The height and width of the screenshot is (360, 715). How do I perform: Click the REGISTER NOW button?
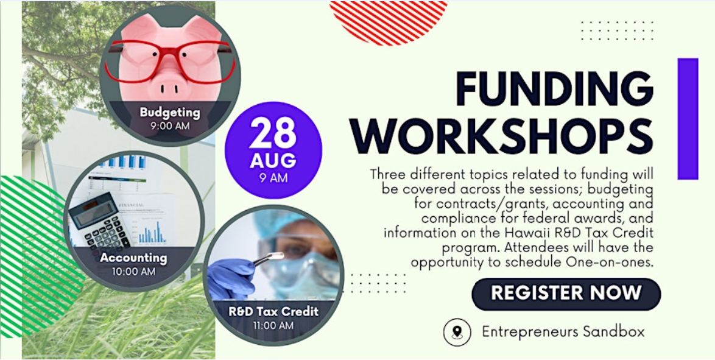[566, 294]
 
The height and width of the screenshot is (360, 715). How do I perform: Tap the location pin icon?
[457, 332]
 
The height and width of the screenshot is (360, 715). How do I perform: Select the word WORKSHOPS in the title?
[502, 135]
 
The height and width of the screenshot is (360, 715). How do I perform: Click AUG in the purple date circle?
[273, 161]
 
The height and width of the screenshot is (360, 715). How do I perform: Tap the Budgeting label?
[170, 112]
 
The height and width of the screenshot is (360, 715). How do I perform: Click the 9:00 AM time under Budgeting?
[170, 125]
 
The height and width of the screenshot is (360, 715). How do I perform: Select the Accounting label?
[133, 258]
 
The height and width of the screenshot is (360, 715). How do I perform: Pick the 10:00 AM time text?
[133, 272]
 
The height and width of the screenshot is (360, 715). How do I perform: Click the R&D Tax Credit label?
[273, 312]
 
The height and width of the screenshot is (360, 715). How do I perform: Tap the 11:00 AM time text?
[273, 326]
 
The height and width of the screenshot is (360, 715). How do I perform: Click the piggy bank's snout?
[170, 85]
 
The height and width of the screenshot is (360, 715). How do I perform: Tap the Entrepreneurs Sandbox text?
[563, 332]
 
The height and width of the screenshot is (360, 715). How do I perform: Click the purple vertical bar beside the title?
[688, 119]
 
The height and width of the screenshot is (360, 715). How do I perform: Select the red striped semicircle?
[388, 18]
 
